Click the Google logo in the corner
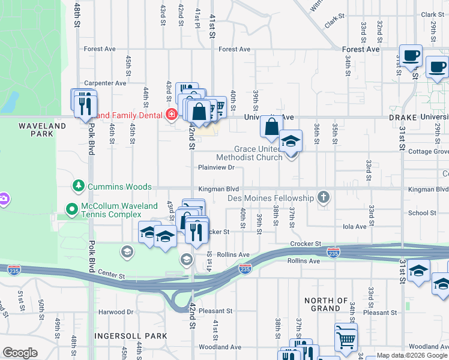[20, 353]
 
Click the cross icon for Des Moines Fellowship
[324, 197]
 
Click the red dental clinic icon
[172, 114]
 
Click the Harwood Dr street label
[116, 312]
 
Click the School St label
[422, 213]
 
